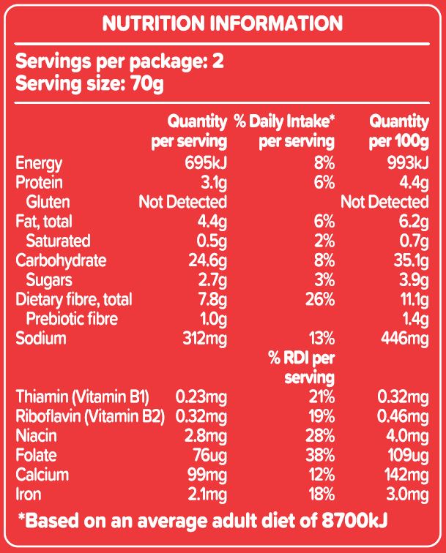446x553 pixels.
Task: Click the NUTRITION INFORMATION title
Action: pos(222,24)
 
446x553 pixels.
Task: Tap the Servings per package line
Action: pos(119,61)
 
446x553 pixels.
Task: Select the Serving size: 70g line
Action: pos(89,83)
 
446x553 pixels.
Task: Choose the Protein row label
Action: pos(39,182)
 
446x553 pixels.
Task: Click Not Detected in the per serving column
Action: pos(182,202)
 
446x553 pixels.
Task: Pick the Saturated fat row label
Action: pos(58,241)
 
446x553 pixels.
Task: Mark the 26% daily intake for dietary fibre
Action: pos(319,299)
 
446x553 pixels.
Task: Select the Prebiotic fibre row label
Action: pos(72,319)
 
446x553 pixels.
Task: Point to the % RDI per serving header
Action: pos(302,368)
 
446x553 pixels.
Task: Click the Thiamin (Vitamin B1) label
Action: pos(83,397)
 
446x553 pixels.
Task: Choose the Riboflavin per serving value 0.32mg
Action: pos(201,417)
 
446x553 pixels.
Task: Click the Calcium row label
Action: pos(42,475)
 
